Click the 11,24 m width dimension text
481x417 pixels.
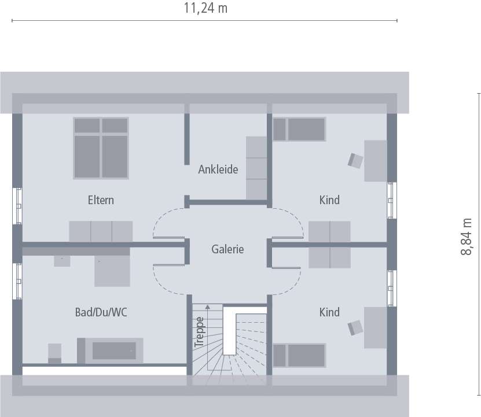205,8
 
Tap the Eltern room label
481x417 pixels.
101,200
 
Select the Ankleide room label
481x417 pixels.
218,169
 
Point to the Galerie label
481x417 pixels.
227,249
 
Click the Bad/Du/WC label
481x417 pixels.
101,312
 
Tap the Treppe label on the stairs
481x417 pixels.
200,332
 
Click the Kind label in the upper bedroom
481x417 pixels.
329,200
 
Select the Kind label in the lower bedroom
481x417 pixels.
329,312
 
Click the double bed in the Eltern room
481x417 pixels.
101,149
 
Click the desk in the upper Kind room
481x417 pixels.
375,160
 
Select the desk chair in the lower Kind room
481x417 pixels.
354,328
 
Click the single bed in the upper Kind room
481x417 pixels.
299,129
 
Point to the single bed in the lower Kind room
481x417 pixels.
299,355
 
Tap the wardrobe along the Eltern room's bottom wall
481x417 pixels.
101,231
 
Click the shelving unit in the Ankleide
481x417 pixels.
255,168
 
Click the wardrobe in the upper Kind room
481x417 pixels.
329,231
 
